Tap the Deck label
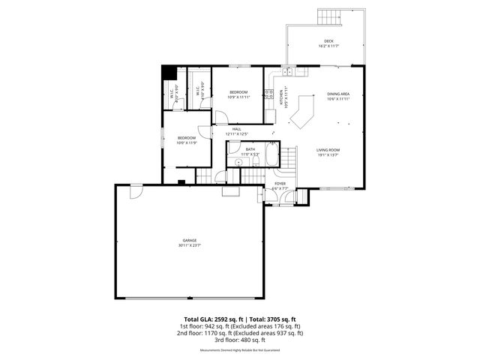328,41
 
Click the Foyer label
280,182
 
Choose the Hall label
236,129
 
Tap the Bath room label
250,149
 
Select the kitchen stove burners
268,94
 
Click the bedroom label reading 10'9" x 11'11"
238,94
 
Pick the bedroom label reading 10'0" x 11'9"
187,139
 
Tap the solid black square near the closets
169,73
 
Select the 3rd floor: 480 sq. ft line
240,340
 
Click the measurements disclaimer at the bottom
240,350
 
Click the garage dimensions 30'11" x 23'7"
189,246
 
